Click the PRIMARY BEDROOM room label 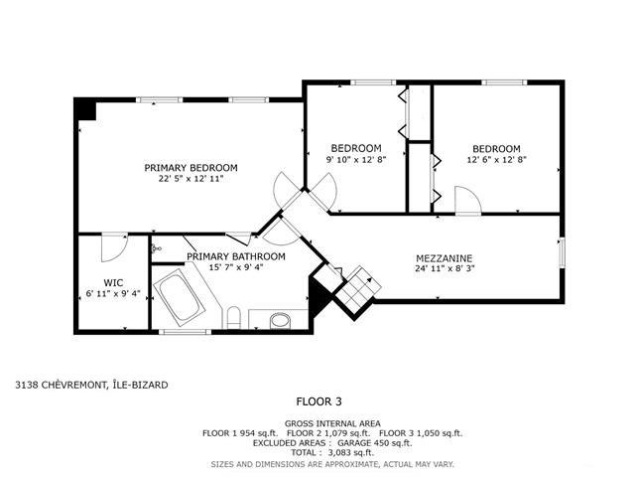click(x=190, y=168)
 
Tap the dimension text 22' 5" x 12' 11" click(x=190, y=179)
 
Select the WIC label click(x=113, y=282)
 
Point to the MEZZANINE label click(x=444, y=258)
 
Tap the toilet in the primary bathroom click(x=233, y=318)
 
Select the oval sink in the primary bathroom click(x=280, y=320)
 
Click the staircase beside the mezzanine click(x=358, y=287)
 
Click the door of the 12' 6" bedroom click(x=468, y=200)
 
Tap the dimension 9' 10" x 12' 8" click(x=356, y=159)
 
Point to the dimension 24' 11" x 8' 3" click(x=444, y=268)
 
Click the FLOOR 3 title click(x=319, y=401)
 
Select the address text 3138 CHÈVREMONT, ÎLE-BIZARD click(x=91, y=385)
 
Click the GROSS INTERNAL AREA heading click(x=332, y=424)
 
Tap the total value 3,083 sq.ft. click(x=351, y=452)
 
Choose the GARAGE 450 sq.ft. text click(x=375, y=443)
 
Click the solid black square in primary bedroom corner click(x=85, y=109)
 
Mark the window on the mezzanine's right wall click(x=562, y=253)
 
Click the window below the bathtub click(x=186, y=332)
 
